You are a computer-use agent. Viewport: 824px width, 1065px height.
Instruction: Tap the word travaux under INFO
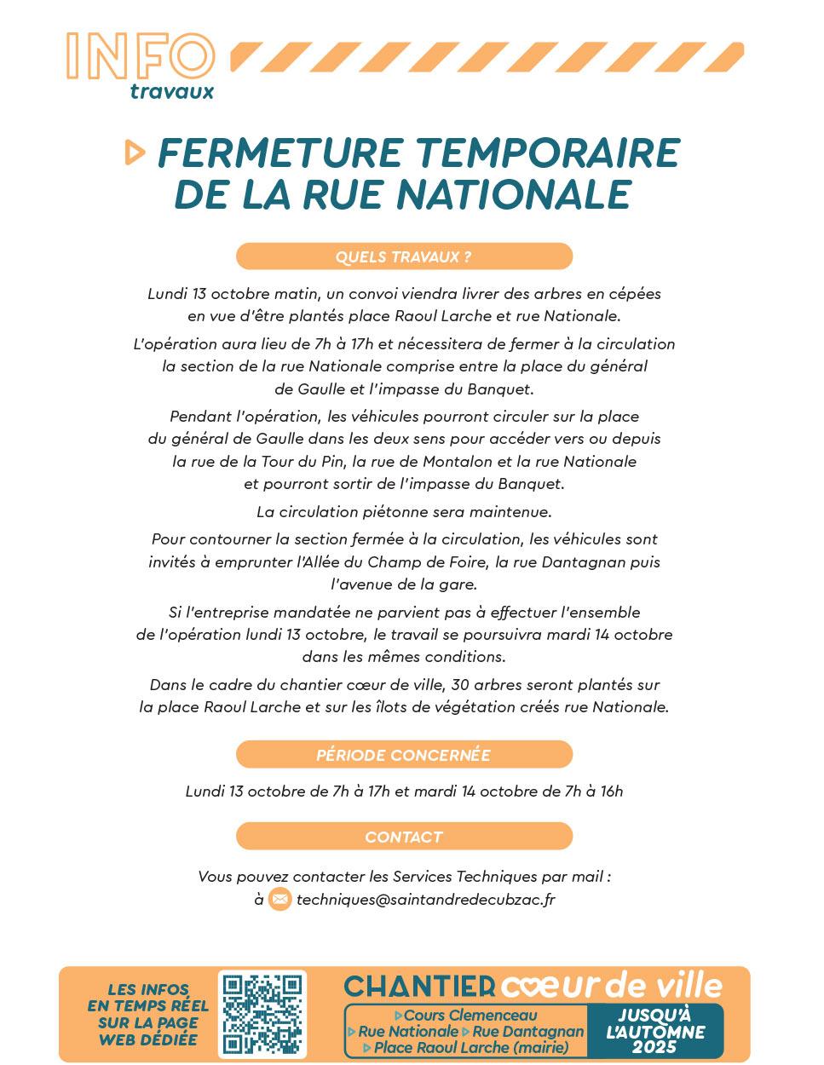coord(171,91)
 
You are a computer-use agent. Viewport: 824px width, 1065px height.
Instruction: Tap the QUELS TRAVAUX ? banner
coord(404,256)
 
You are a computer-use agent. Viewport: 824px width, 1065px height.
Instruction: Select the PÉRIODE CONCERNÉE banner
coord(404,755)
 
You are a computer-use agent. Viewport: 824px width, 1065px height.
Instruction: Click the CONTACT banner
coord(404,837)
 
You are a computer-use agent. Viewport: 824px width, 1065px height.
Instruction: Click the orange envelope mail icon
coord(279,899)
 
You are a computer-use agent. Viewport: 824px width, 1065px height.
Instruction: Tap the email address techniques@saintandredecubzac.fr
coord(425,900)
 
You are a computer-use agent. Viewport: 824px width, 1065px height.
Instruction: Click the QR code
coord(262,1014)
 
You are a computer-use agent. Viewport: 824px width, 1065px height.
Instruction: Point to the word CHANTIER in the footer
coord(419,987)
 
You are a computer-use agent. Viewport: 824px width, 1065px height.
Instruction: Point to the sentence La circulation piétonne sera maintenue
coord(404,512)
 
